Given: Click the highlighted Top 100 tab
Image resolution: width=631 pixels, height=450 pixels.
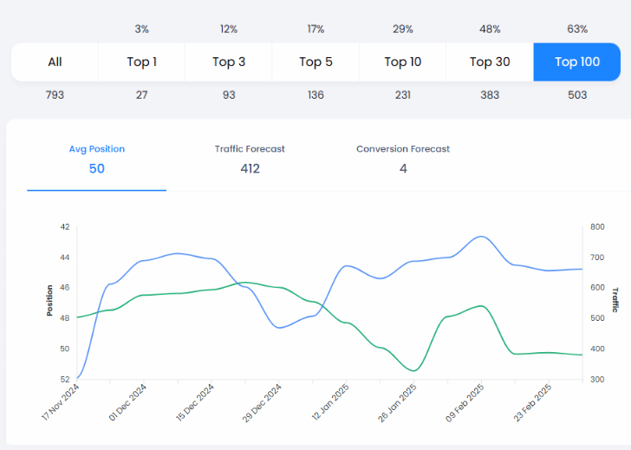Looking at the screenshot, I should pyautogui.click(x=577, y=62).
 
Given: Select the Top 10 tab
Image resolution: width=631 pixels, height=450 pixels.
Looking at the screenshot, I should pyautogui.click(x=402, y=62).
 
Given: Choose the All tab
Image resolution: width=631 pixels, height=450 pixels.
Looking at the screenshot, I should pyautogui.click(x=55, y=62).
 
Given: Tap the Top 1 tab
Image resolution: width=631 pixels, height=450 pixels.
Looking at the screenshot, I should pyautogui.click(x=142, y=62).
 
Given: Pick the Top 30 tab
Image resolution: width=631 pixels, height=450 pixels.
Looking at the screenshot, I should pyautogui.click(x=490, y=62).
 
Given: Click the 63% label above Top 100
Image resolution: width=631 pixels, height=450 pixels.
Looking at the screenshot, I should pyautogui.click(x=577, y=29).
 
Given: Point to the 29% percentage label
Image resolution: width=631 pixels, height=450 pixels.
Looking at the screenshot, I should pyautogui.click(x=402, y=29).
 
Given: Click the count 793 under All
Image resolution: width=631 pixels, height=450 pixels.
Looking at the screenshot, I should pyautogui.click(x=55, y=95).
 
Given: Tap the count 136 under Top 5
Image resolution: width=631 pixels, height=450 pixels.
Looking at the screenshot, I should pyautogui.click(x=315, y=95).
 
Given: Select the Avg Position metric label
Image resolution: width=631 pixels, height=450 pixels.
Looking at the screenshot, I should pyautogui.click(x=96, y=149).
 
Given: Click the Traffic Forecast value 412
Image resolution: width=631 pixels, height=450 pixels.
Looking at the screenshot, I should pyautogui.click(x=250, y=168).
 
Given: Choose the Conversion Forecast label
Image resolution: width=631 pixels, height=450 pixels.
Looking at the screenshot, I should pyautogui.click(x=403, y=149).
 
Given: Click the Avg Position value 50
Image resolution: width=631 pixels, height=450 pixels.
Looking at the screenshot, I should pyautogui.click(x=96, y=168).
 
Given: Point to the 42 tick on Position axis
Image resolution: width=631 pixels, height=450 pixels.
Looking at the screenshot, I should pyautogui.click(x=64, y=227).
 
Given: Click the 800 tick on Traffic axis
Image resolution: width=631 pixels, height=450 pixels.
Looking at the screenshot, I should pyautogui.click(x=597, y=227).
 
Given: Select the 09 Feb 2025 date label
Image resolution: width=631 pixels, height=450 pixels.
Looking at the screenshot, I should pyautogui.click(x=464, y=402).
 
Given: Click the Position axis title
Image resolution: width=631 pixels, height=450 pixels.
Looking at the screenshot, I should pyautogui.click(x=50, y=300).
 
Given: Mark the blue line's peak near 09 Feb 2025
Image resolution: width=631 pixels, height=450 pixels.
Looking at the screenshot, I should pyautogui.click(x=480, y=236).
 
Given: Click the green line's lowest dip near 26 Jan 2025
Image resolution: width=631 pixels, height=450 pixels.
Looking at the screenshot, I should pyautogui.click(x=413, y=371).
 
